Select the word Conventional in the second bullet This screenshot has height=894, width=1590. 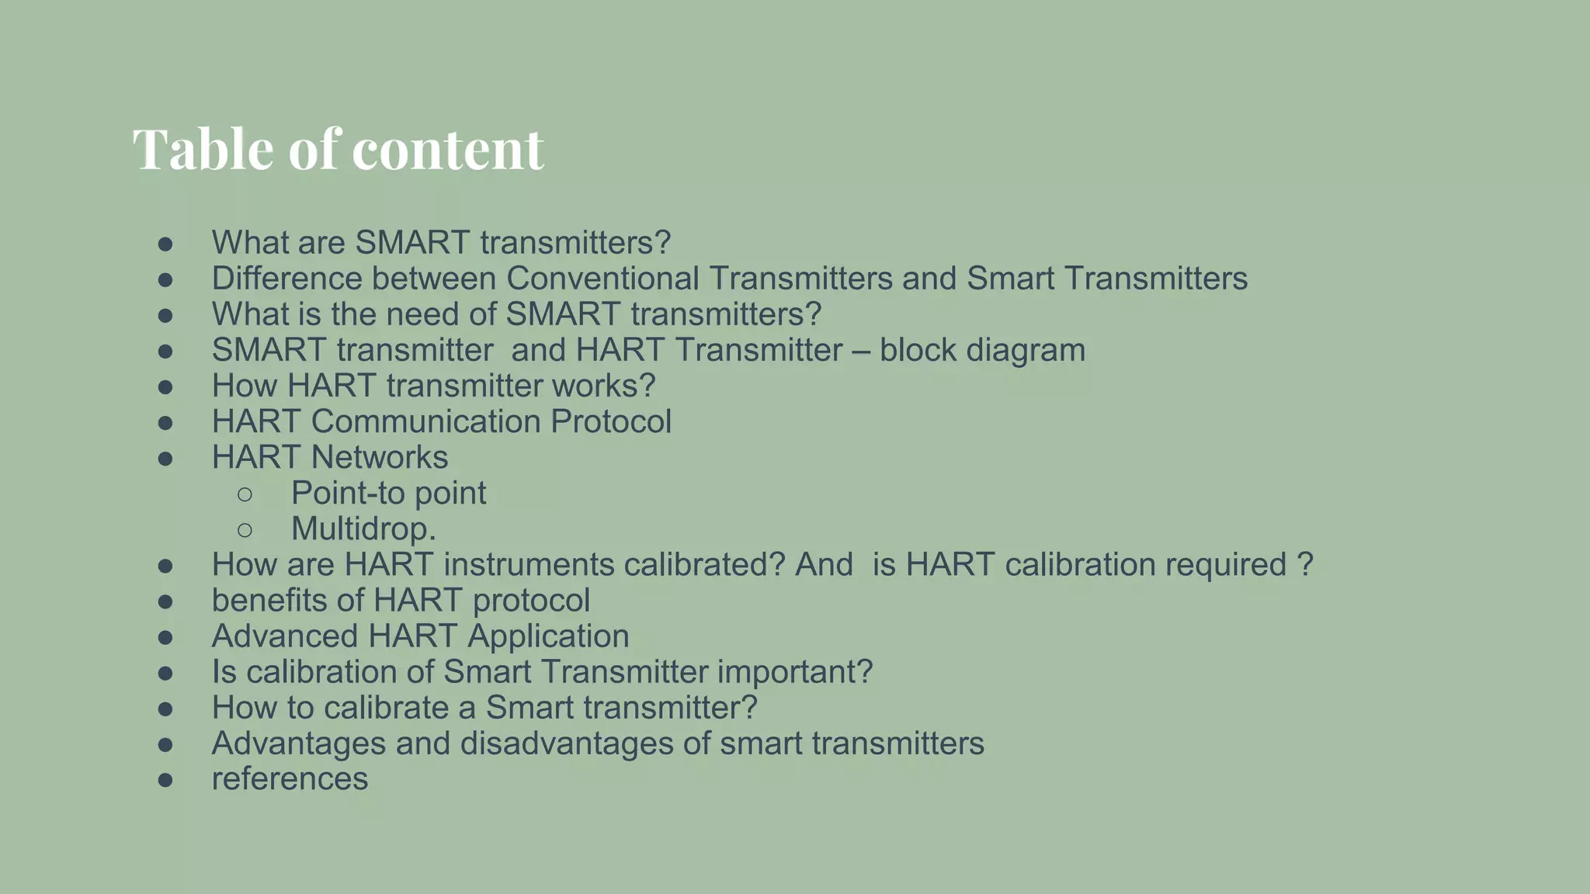(x=602, y=279)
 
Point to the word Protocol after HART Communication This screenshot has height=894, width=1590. (x=611, y=421)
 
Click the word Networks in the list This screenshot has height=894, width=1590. (x=380, y=457)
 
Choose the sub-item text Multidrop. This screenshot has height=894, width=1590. (x=363, y=529)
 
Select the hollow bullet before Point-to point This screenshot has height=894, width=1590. (x=245, y=494)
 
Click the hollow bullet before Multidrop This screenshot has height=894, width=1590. (x=245, y=529)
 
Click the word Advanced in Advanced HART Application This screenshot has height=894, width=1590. (x=285, y=636)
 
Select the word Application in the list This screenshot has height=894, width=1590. (x=548, y=636)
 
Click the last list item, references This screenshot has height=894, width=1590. (x=290, y=779)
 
